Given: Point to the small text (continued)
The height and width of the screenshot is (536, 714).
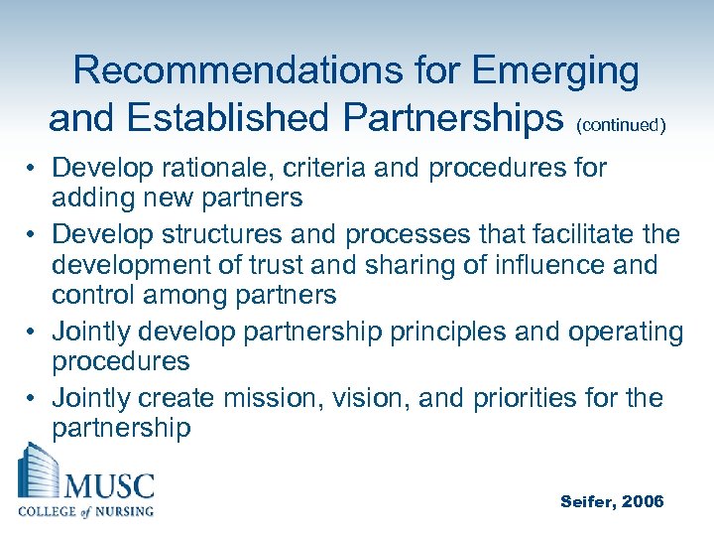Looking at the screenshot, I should [x=620, y=125].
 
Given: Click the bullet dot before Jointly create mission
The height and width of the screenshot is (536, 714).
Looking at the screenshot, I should [x=32, y=399].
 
